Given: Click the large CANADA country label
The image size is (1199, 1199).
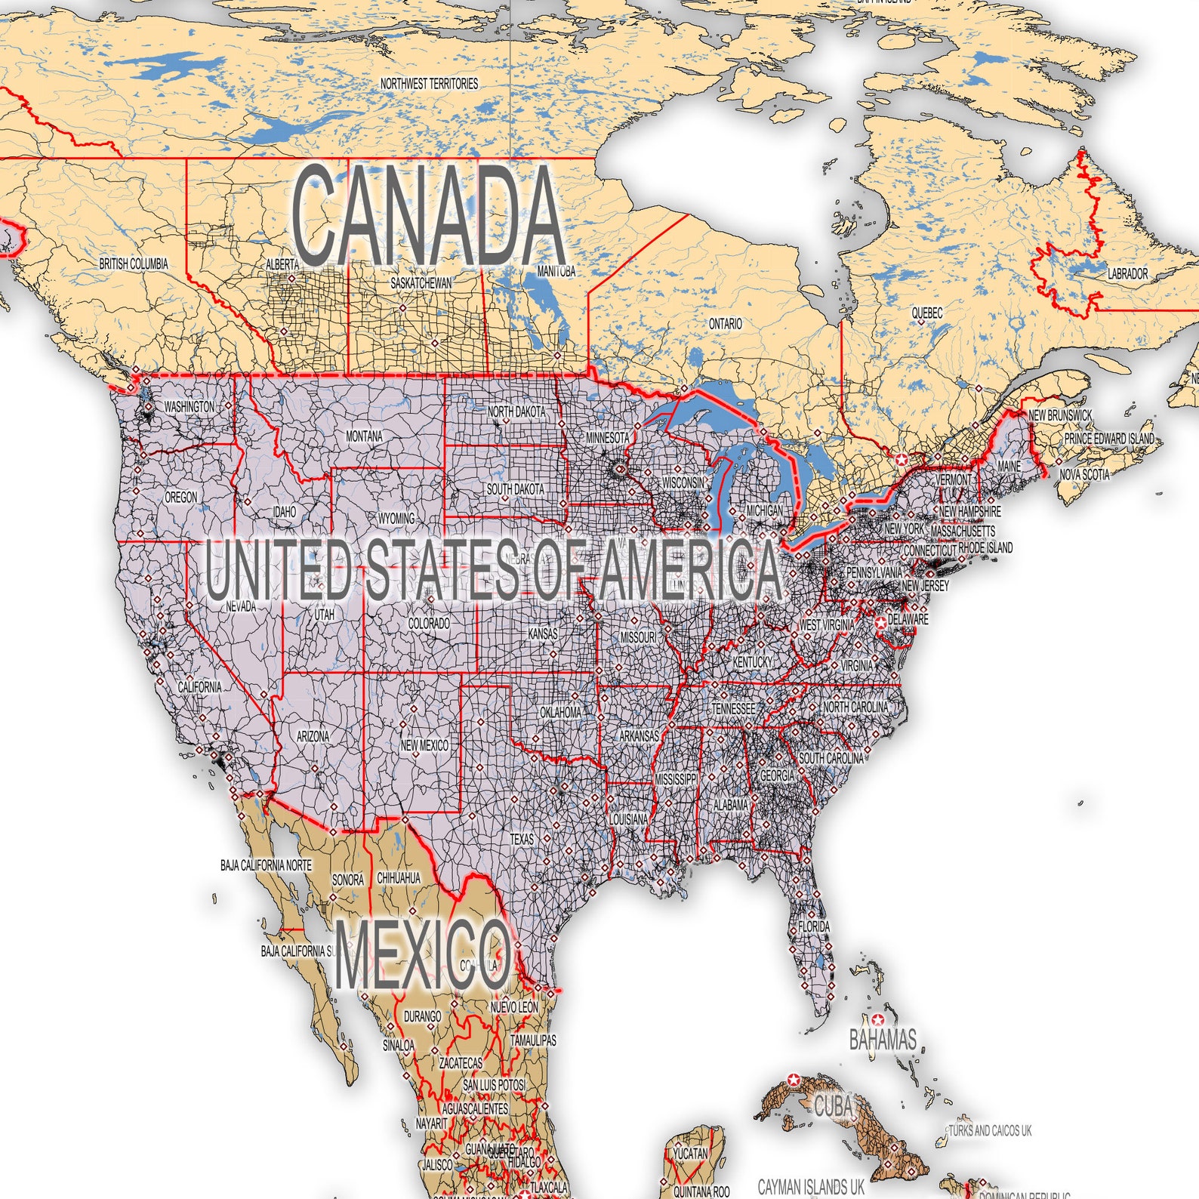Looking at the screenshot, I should click(428, 216).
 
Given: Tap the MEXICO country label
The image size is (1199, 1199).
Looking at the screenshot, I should click(422, 955).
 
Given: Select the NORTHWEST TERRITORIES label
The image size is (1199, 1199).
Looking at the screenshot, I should click(429, 84).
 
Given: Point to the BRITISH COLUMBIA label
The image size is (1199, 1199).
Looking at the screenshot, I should click(134, 264).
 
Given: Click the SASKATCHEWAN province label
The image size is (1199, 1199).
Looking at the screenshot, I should click(421, 283).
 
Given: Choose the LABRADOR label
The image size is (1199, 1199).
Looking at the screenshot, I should click(1127, 274).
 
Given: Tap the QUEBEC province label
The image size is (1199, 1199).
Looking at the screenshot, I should click(926, 313).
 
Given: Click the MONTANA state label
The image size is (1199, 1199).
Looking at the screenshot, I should click(364, 436).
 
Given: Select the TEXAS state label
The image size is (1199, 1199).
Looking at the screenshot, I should click(522, 839).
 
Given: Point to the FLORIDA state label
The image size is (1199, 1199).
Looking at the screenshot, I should click(814, 926).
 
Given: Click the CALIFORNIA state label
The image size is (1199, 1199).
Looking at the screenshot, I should click(200, 687).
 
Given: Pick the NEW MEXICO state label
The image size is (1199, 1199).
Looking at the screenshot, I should click(424, 745).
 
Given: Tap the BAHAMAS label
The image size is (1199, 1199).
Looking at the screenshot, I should click(883, 1040).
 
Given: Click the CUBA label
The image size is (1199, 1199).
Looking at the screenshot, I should click(833, 1107).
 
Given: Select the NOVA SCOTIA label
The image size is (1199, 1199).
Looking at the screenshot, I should click(1084, 475).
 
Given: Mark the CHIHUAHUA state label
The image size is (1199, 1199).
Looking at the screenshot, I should click(399, 878).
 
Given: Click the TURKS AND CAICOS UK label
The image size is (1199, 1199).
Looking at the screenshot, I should click(990, 1130).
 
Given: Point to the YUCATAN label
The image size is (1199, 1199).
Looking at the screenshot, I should click(690, 1154).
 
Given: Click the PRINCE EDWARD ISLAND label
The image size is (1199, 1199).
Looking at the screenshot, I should click(1108, 439).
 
